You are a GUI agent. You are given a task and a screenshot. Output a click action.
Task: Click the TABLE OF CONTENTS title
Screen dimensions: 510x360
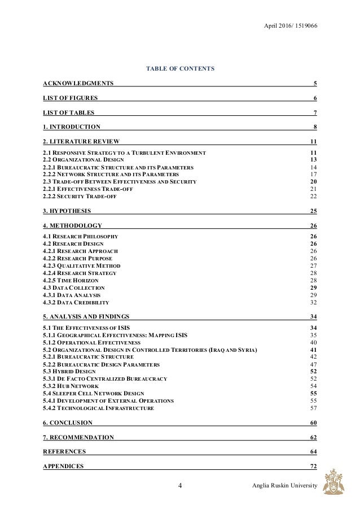coord(180,69)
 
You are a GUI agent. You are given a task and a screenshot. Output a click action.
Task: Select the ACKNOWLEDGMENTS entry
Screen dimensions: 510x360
coord(78,84)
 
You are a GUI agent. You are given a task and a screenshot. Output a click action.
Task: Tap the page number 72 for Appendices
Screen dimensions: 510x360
coord(313,466)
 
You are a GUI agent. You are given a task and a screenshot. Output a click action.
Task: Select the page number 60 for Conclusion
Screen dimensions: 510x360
coord(313,422)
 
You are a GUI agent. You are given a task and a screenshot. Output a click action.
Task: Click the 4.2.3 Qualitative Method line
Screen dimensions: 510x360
coord(81,265)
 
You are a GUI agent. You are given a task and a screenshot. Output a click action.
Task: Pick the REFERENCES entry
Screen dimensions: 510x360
coord(64,452)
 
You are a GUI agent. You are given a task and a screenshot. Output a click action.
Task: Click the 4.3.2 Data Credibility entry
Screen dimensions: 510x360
coord(76,302)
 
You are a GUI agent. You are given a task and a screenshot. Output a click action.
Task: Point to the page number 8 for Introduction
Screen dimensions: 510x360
coord(315,127)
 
